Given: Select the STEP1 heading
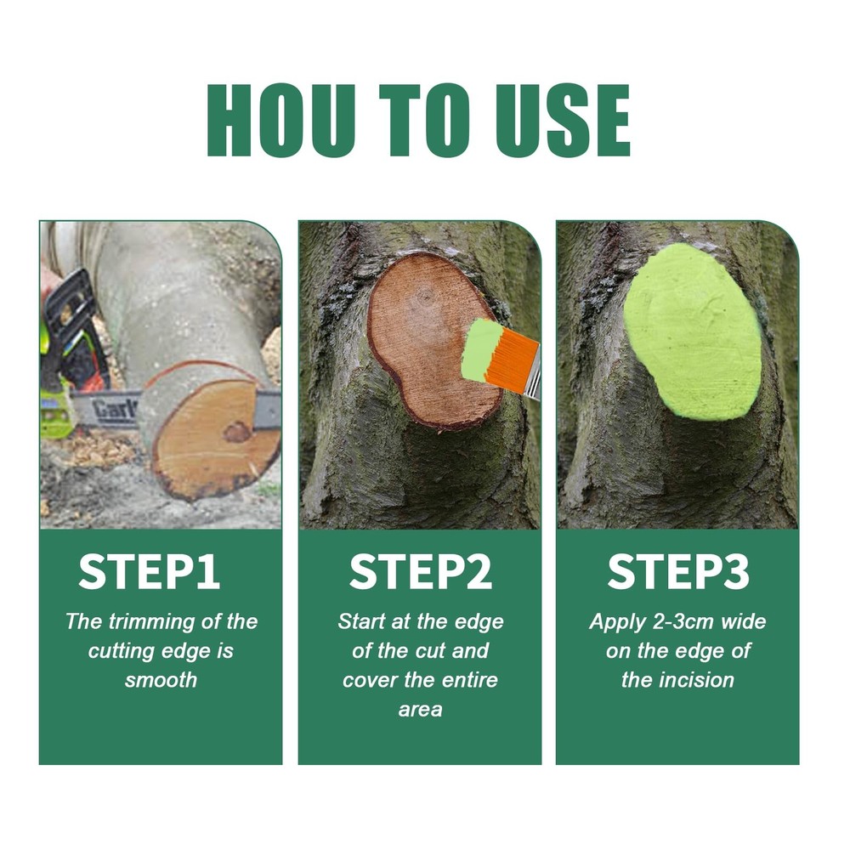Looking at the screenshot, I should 150,572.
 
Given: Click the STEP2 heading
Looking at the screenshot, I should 420,572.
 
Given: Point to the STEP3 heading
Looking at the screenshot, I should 677,572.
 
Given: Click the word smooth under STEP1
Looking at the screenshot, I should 161,680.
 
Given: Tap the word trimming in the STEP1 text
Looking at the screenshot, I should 146,621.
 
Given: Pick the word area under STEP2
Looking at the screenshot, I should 420,709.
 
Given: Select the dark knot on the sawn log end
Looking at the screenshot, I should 236,432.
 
